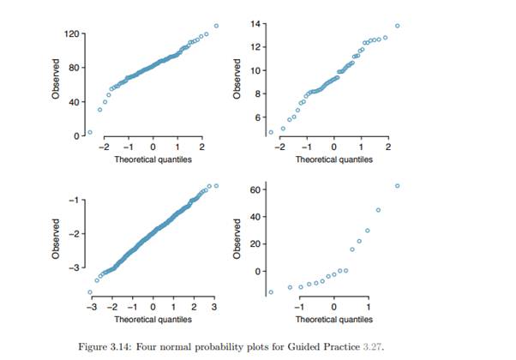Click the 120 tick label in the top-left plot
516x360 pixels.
[x=74, y=33]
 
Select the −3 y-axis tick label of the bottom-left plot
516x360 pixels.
[x=75, y=268]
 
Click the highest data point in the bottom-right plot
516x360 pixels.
[x=397, y=186]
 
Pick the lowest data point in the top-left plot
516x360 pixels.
[x=90, y=132]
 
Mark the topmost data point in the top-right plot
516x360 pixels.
[x=397, y=26]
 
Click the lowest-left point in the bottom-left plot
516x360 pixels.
[x=90, y=292]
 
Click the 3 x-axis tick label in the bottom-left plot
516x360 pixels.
[x=214, y=307]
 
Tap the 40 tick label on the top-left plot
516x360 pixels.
[x=76, y=102]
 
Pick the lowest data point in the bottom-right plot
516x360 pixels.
[x=271, y=292]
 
